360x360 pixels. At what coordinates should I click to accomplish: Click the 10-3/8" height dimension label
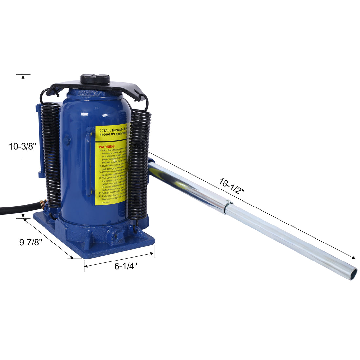point(22,146)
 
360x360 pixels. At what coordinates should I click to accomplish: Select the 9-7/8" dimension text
point(30,243)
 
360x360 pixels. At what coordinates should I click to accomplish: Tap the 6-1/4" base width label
point(125,266)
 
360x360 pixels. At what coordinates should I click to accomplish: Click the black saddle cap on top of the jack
point(95,80)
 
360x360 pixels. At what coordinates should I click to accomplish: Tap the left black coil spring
point(52,154)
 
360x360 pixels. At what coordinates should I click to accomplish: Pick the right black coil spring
point(138,164)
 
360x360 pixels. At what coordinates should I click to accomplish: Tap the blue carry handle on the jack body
point(89,162)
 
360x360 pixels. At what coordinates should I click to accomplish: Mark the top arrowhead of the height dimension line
point(23,77)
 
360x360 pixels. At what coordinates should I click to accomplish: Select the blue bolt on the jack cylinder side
point(67,141)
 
